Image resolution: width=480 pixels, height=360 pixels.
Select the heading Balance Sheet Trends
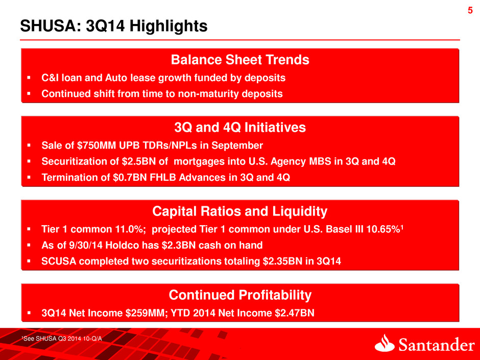[240, 60]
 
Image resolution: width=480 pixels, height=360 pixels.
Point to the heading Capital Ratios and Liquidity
[240, 211]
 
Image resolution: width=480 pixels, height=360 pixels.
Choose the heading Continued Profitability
[240, 295]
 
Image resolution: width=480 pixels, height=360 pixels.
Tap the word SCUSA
[59, 261]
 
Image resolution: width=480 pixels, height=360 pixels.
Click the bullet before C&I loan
[30, 78]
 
